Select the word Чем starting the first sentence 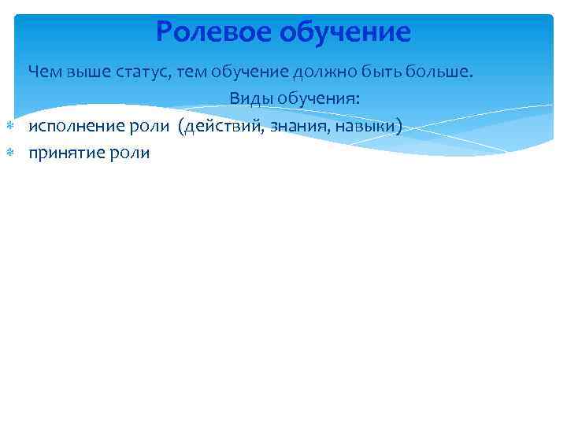(x=43, y=72)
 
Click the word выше (x=83, y=72)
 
